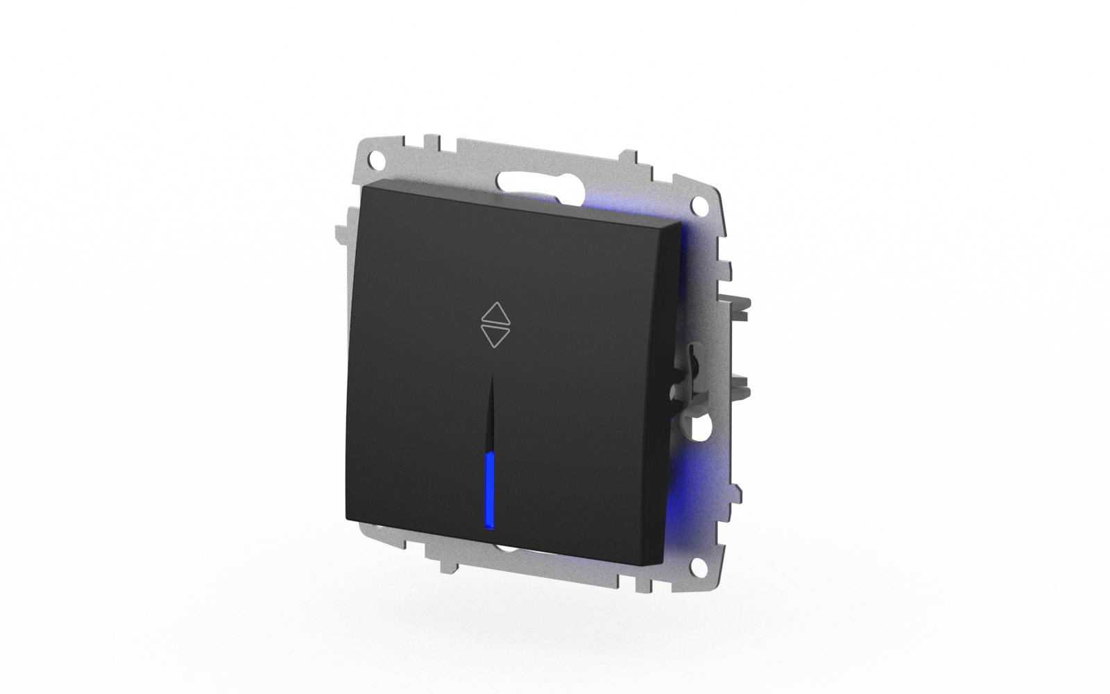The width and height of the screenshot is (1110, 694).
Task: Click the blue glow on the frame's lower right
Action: point(683,479)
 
